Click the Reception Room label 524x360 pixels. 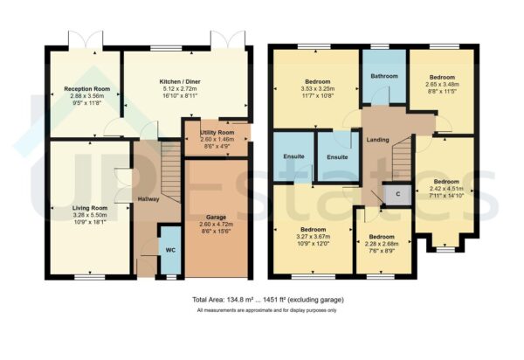point(85,88)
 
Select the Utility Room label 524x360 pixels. point(217,132)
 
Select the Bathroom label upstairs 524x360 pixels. point(384,75)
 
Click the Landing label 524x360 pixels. point(377,140)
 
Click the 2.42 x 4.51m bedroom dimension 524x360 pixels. point(446,190)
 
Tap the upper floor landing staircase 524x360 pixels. point(401,162)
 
